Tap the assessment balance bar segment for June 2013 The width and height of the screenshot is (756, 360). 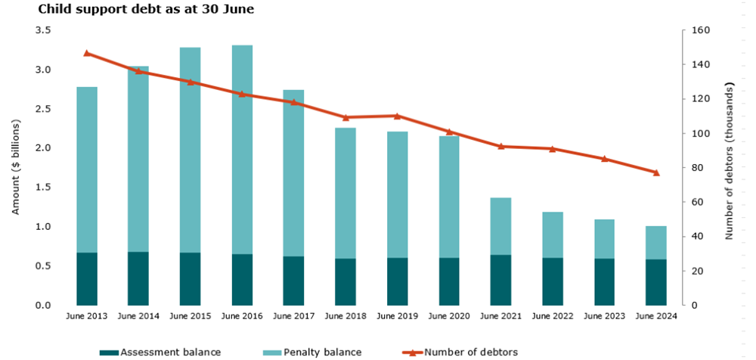click(87, 278)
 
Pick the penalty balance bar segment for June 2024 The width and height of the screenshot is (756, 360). click(656, 242)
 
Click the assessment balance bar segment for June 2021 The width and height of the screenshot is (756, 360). click(500, 280)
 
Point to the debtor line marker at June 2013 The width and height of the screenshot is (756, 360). click(87, 53)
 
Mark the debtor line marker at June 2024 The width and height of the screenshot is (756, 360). click(656, 172)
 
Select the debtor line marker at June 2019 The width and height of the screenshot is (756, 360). click(397, 116)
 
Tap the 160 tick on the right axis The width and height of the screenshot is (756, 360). click(693, 30)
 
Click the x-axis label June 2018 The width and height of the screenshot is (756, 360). click(345, 316)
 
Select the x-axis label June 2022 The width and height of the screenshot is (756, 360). click(553, 316)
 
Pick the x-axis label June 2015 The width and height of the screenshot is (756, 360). click(191, 316)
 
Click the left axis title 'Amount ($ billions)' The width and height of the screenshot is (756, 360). click(16, 167)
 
